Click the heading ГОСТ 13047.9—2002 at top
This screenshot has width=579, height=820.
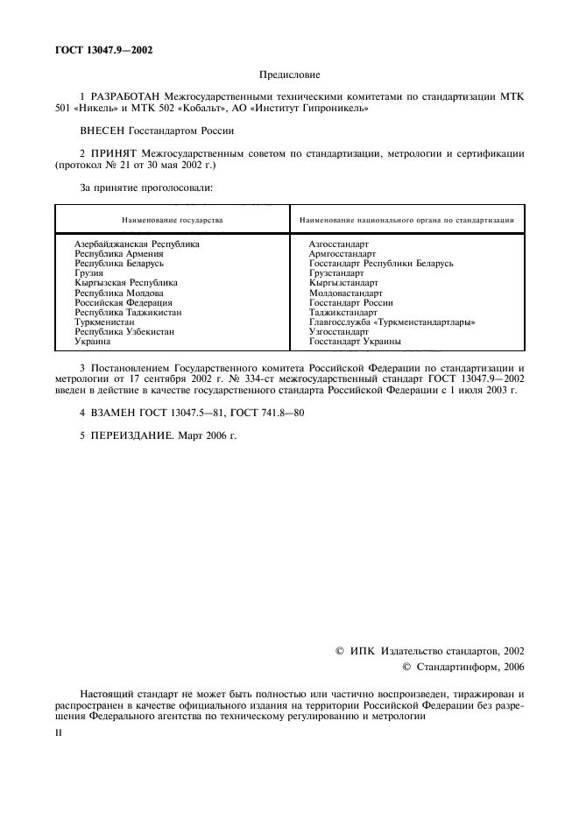(x=97, y=50)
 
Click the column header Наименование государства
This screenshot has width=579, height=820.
(x=173, y=219)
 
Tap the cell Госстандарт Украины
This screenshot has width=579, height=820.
(x=356, y=342)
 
